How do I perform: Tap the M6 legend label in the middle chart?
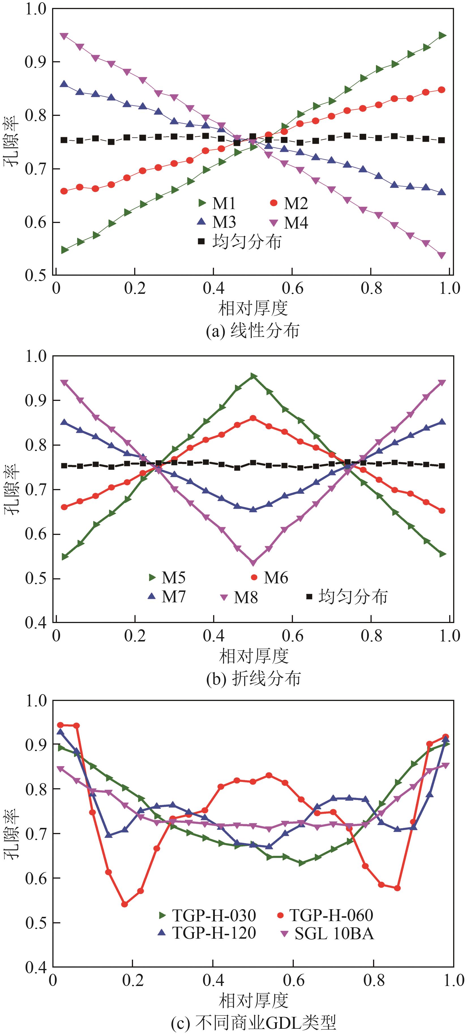269,578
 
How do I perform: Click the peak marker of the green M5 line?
253,376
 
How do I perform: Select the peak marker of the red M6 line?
253,418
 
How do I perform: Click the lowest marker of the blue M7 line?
253,509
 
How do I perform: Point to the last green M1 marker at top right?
442,35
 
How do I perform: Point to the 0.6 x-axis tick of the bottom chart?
294,979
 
